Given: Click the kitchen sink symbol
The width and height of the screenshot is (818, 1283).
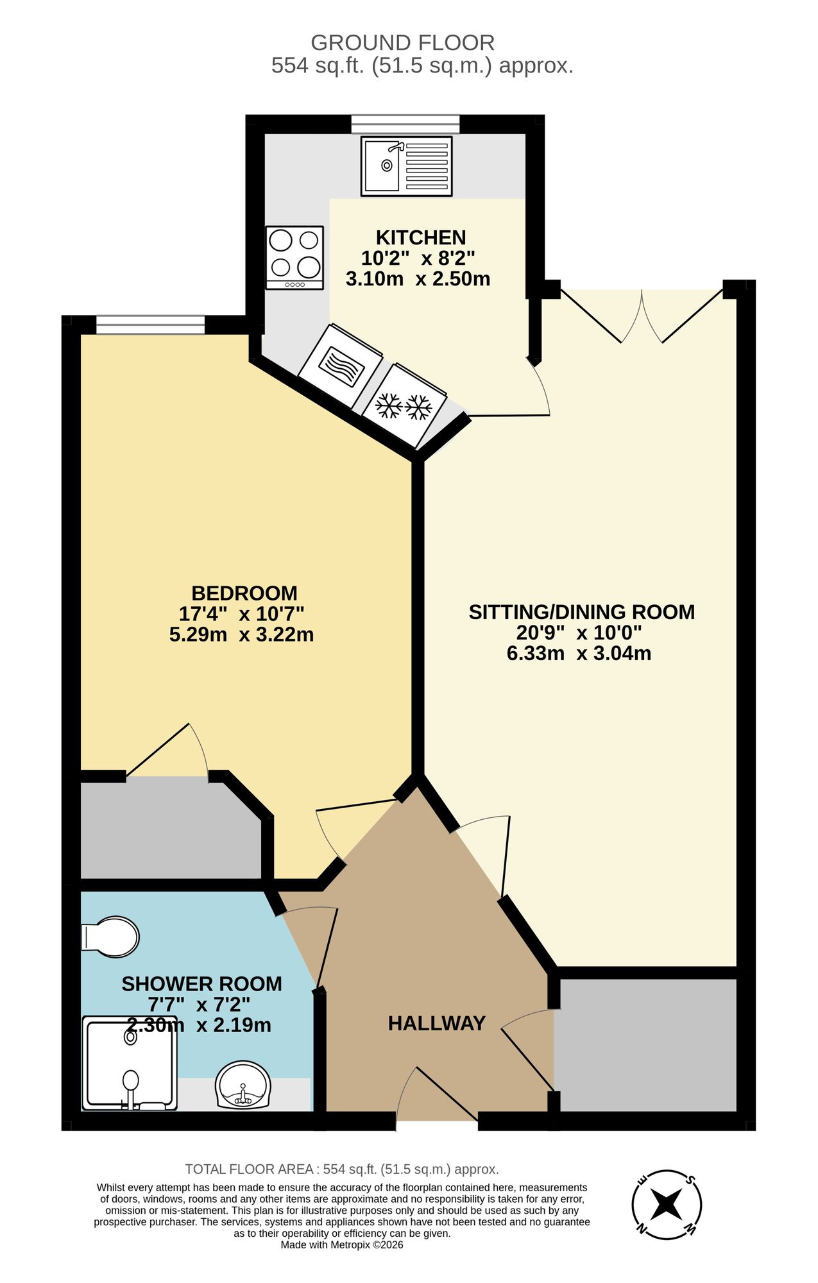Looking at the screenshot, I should tap(406, 166).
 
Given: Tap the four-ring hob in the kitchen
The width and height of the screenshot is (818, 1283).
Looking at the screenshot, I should tap(294, 257).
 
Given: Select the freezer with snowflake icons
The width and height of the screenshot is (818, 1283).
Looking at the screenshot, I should tap(404, 405).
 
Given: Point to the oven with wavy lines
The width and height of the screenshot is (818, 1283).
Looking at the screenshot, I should tap(341, 366).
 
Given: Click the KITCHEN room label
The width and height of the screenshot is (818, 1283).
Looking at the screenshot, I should tap(420, 237).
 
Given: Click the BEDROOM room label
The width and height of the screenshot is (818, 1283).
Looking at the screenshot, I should tap(244, 593).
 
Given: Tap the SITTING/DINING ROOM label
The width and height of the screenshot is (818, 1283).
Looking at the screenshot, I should tap(581, 612).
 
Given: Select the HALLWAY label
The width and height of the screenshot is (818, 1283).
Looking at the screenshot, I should tap(436, 1023).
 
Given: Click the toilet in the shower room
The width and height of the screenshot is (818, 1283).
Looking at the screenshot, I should tap(110, 937).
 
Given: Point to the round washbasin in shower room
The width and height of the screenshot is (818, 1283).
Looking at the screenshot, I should tap(243, 1085).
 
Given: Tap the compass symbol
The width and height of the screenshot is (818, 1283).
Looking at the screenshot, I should tap(667, 1205).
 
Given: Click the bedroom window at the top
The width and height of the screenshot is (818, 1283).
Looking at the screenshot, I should tap(150, 325).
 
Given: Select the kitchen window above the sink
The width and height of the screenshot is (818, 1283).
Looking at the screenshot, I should tap(405, 124).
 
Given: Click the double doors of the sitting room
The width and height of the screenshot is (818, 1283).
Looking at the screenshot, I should tap(642, 318).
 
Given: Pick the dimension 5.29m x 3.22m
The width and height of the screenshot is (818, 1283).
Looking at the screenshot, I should tap(241, 635).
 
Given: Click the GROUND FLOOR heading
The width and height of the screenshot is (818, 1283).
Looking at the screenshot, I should tap(402, 43).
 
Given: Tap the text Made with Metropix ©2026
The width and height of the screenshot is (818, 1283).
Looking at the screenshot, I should tap(341, 1245).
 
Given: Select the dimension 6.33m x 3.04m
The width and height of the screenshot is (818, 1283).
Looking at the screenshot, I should tap(579, 654).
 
